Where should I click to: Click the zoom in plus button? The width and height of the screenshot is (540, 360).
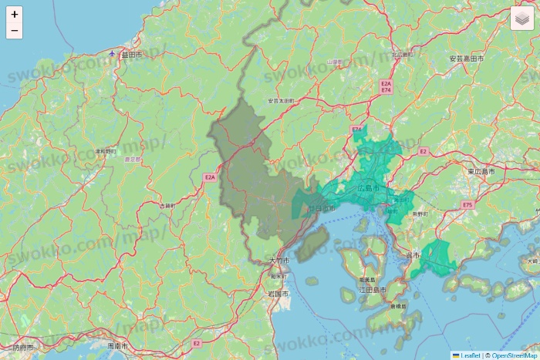[x=14, y=14]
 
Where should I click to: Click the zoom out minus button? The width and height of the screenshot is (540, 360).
[x=14, y=31]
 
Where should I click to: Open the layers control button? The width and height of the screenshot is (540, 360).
[x=521, y=19]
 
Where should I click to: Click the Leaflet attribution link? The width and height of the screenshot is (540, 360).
[x=465, y=355]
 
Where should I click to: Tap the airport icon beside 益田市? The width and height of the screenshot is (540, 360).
[x=113, y=54]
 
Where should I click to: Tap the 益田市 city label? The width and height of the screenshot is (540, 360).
[x=132, y=55]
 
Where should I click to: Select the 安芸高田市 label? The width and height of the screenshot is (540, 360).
[x=466, y=59]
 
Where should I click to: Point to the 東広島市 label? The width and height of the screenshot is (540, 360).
[x=481, y=171]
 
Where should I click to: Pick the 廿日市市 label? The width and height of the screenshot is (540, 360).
[x=321, y=208]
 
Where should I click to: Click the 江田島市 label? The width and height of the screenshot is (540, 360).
[x=373, y=290]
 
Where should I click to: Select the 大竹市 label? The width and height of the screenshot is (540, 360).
[x=279, y=261]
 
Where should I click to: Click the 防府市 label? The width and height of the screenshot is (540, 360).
[x=23, y=348]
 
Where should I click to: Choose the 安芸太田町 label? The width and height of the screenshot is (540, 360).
[x=281, y=101]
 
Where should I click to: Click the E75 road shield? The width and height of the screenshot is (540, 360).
[x=467, y=204]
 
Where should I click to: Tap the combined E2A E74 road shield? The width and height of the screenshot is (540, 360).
[x=386, y=86]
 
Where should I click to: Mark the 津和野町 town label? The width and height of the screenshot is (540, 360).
[x=105, y=151]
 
